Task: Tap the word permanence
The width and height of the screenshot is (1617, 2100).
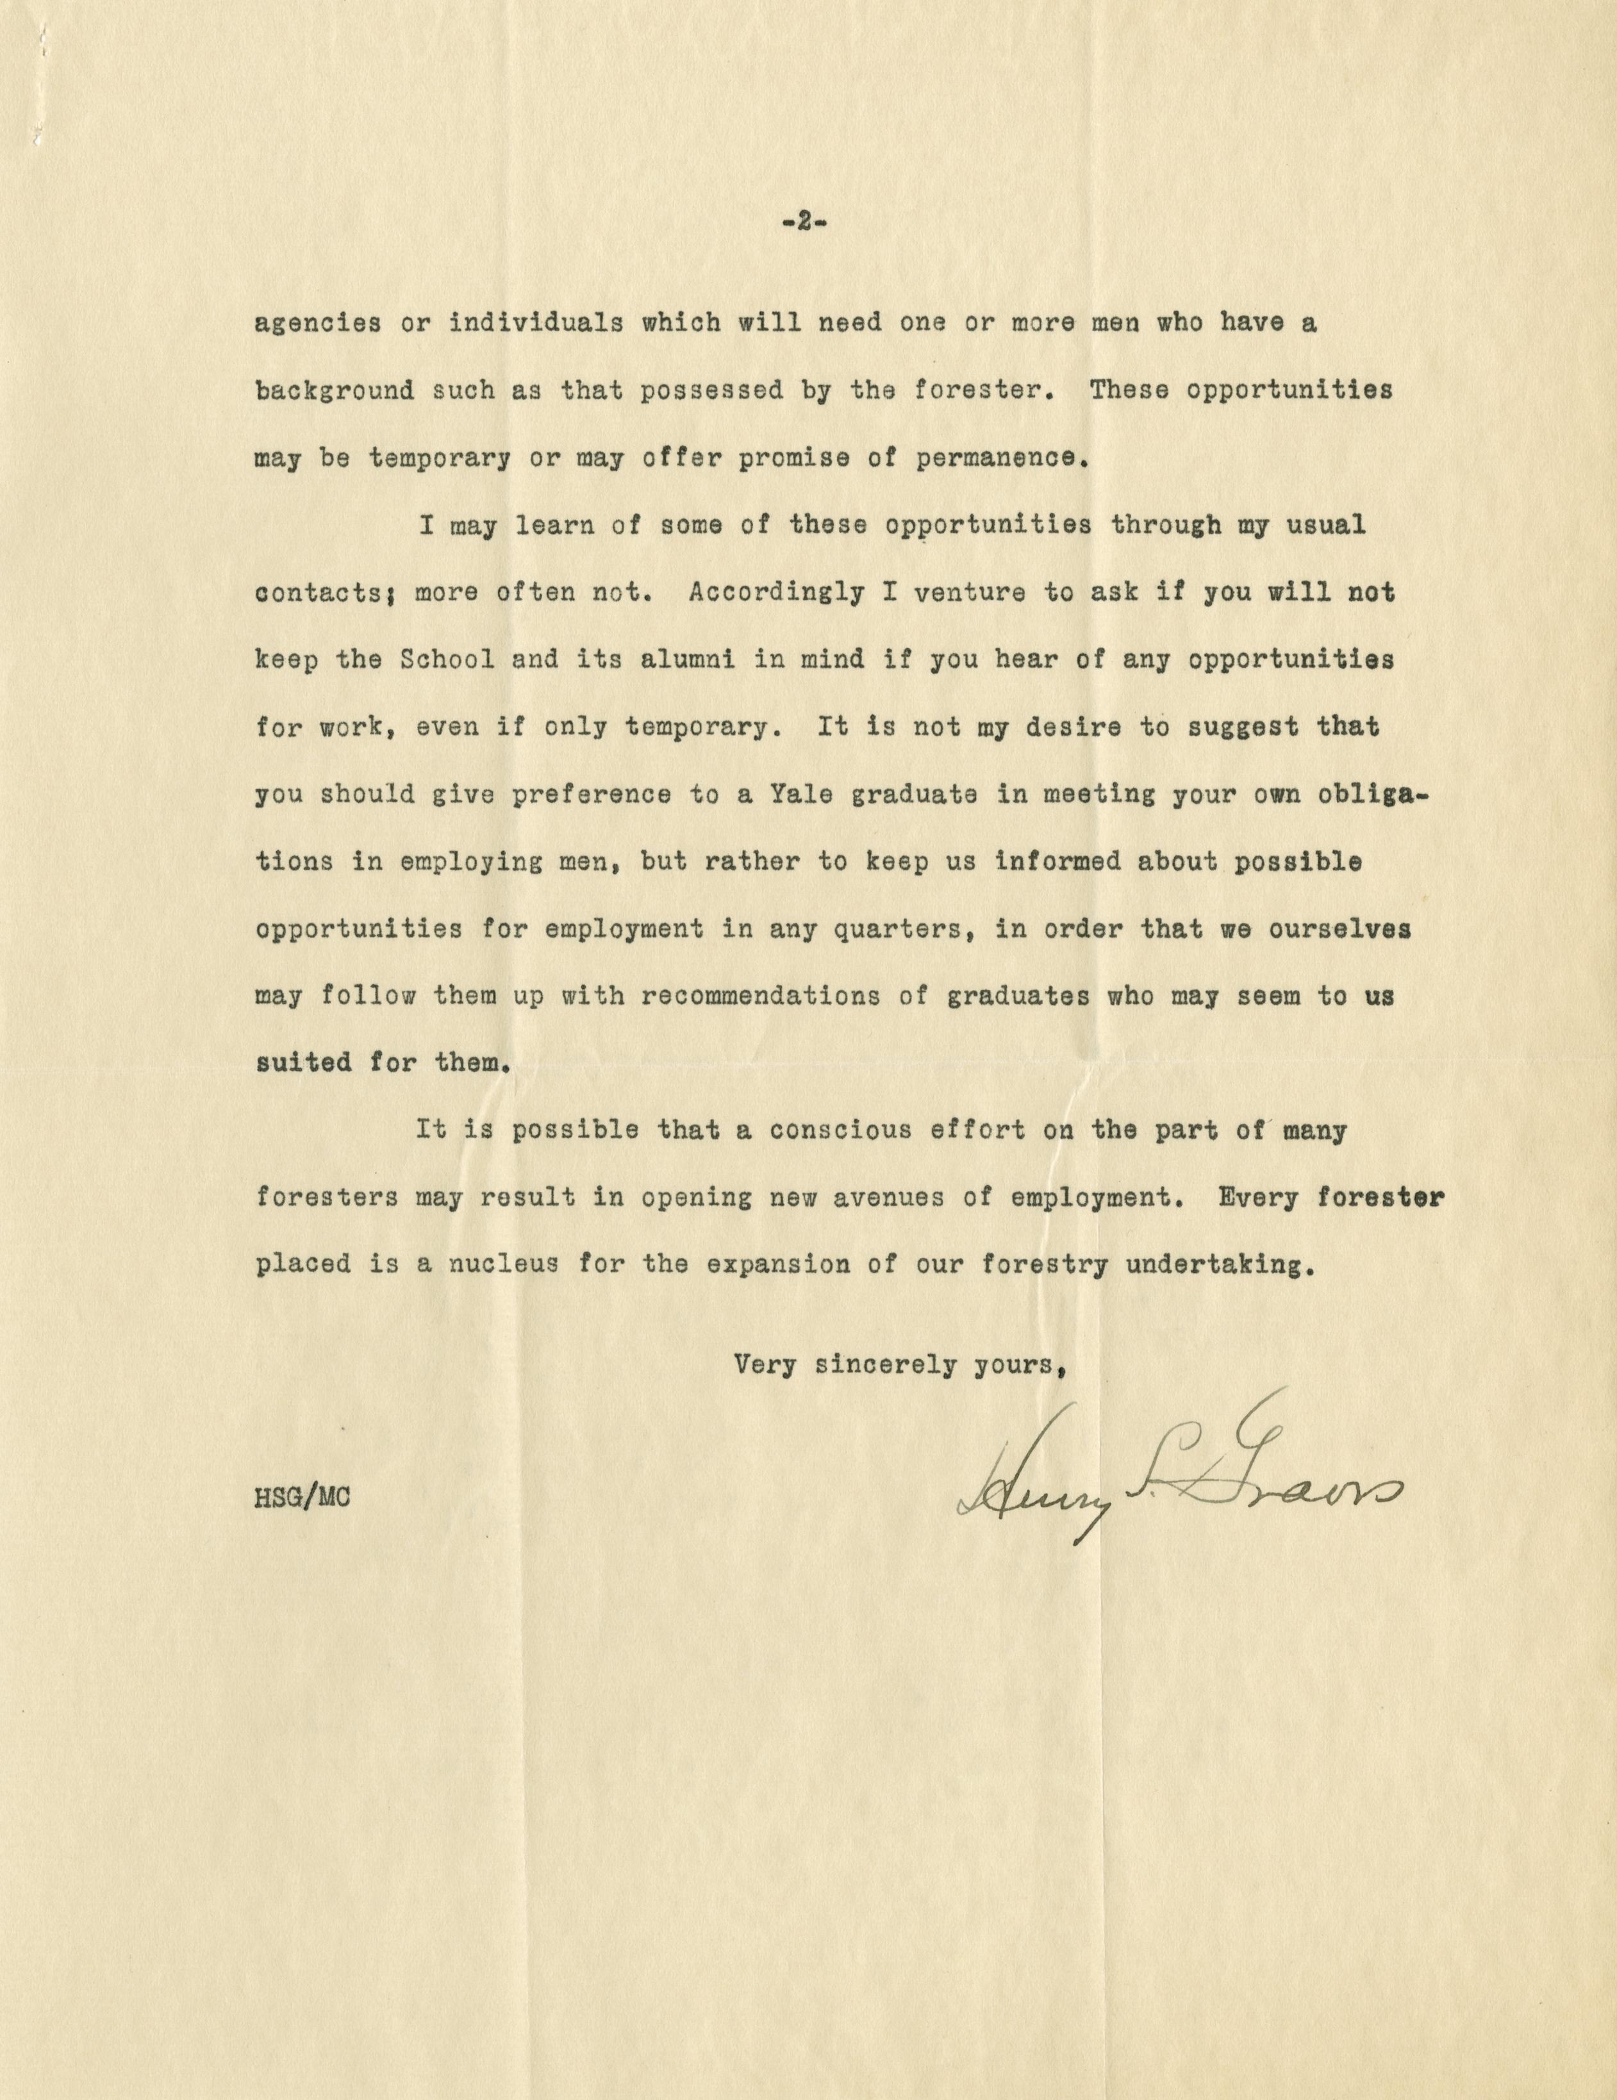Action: (1001, 458)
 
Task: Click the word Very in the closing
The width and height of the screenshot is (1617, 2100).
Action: (767, 1364)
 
